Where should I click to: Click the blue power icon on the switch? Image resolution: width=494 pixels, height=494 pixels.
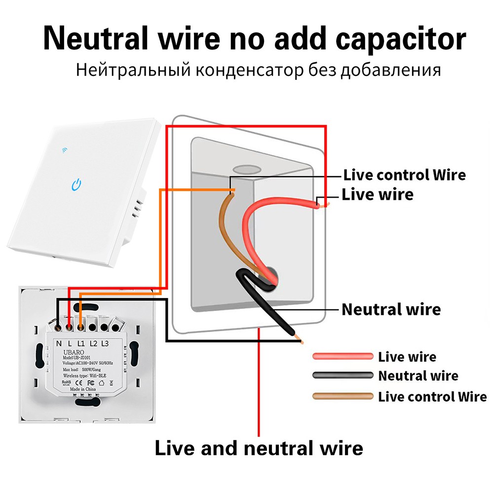coord(76,185)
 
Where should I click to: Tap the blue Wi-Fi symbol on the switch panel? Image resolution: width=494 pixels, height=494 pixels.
coord(65,149)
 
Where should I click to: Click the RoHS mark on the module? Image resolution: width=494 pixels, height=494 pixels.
coord(66,382)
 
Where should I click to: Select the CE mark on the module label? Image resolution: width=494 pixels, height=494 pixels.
coord(78,382)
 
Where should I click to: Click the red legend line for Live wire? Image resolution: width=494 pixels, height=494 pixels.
coord(342,356)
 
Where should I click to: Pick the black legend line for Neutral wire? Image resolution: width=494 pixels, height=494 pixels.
coord(342,375)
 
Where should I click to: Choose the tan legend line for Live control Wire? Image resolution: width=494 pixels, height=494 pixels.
coord(342,395)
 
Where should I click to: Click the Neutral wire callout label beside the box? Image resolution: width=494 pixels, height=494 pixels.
coord(391,309)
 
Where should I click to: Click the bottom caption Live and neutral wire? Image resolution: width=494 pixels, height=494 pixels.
coord(259,448)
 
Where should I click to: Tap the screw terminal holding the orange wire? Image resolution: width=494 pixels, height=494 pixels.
coord(79,326)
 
